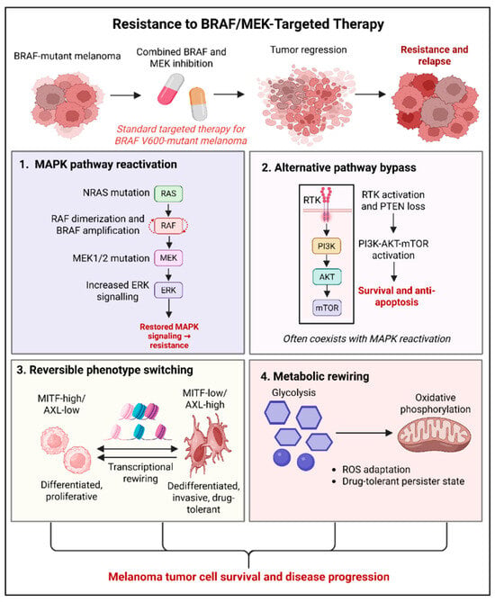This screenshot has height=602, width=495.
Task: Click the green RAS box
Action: click(x=168, y=193)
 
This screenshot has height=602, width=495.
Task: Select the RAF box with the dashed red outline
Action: click(x=168, y=226)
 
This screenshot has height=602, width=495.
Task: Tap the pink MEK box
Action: click(x=168, y=258)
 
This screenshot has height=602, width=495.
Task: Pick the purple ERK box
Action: click(x=168, y=291)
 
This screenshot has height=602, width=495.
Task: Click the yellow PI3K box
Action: click(x=327, y=246)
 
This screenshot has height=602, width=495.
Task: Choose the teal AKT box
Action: click(x=327, y=276)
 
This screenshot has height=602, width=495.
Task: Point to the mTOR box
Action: click(x=327, y=308)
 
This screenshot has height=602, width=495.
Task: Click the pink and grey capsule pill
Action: click(x=171, y=89)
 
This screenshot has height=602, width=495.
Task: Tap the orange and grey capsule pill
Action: click(x=198, y=103)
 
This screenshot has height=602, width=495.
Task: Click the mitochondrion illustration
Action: click(x=435, y=435)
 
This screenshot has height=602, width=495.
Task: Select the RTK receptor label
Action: click(x=311, y=200)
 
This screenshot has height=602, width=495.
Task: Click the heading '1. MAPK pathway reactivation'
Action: click(x=98, y=165)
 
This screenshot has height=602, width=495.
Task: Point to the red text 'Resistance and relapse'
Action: click(x=435, y=55)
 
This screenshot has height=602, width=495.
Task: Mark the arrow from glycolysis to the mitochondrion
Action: click(x=364, y=433)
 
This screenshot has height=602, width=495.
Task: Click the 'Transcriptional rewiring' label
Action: click(x=140, y=472)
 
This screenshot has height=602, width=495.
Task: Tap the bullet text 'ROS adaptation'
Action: click(x=376, y=470)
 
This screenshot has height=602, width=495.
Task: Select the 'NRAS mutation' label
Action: click(x=116, y=193)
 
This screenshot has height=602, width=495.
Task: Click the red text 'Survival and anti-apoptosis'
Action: click(x=397, y=296)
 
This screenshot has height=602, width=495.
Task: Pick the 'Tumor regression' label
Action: click(x=309, y=49)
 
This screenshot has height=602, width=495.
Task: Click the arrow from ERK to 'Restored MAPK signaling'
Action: click(x=168, y=308)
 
